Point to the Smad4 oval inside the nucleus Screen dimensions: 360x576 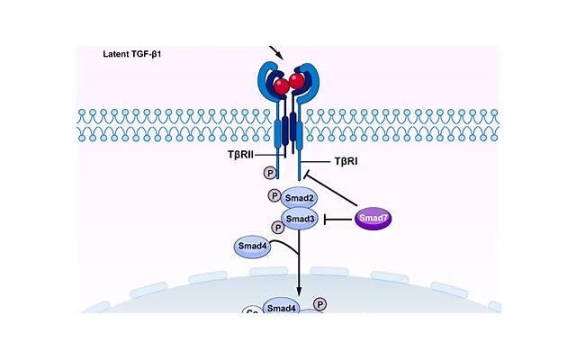click(x=282, y=309)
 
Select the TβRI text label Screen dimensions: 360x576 click(x=347, y=161)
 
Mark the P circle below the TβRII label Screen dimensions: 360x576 click(x=267, y=172)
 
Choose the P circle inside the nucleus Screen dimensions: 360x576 click(x=320, y=304)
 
